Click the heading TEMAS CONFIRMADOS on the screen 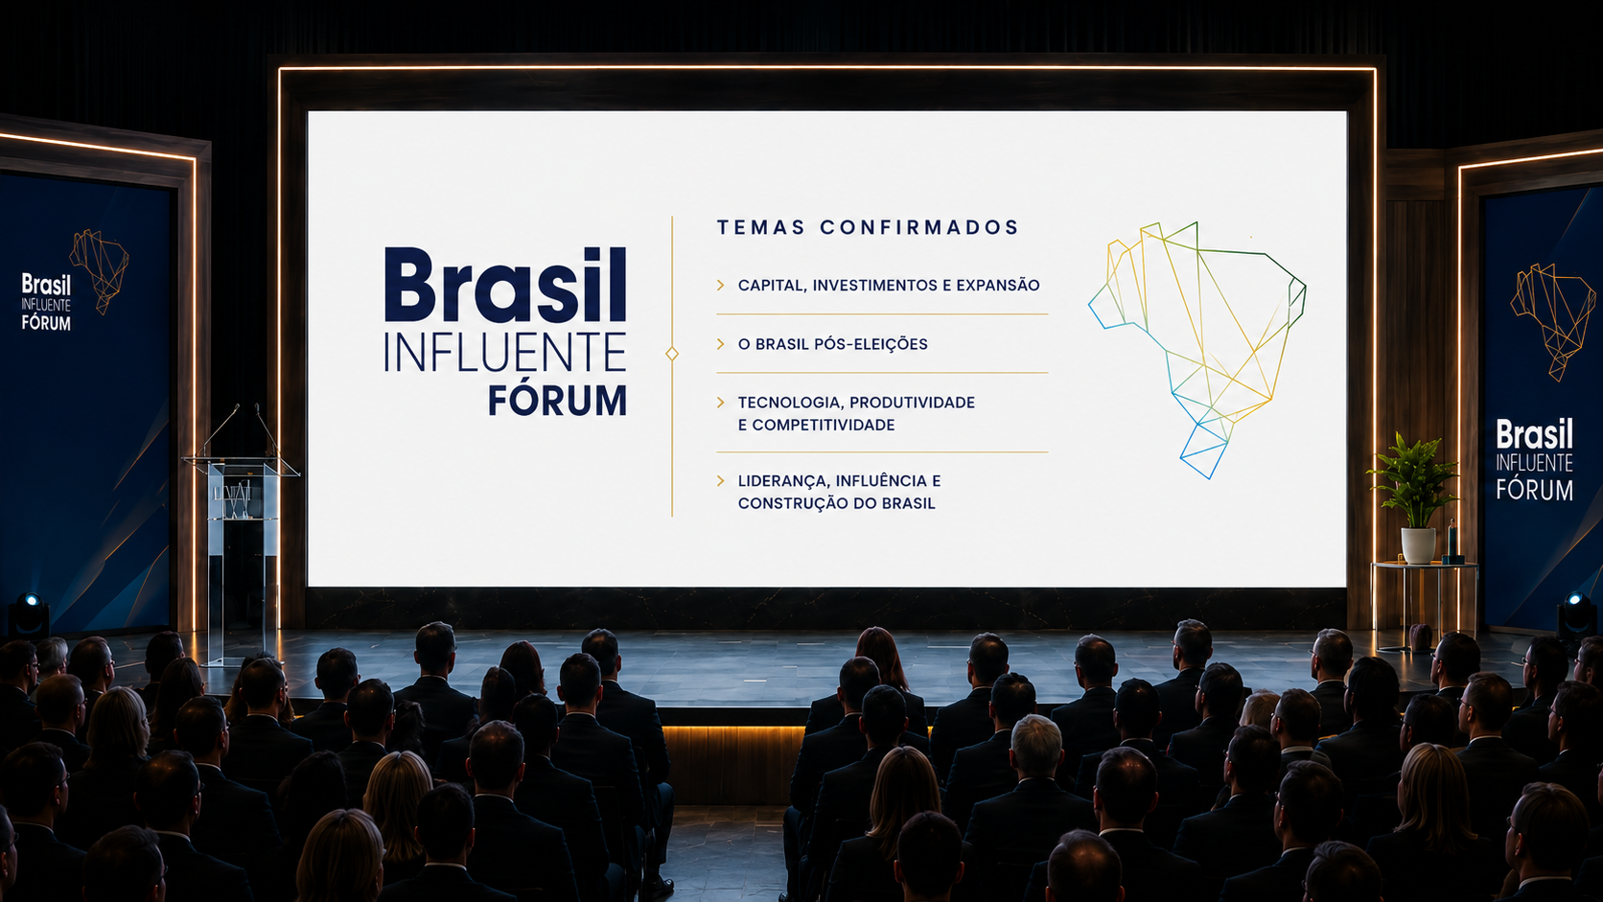pyautogui.click(x=868, y=227)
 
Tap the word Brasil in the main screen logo pyautogui.click(x=505, y=285)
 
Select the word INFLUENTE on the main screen pyautogui.click(x=505, y=352)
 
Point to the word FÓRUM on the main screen pyautogui.click(x=557, y=400)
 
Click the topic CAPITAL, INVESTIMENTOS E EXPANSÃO pyautogui.click(x=889, y=285)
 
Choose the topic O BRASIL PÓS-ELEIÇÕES pyautogui.click(x=833, y=344)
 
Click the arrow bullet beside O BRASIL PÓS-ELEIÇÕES pyautogui.click(x=721, y=344)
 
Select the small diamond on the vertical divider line pyautogui.click(x=672, y=354)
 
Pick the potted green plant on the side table pyautogui.click(x=1413, y=479)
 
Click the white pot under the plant pyautogui.click(x=1418, y=545)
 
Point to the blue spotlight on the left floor pyautogui.click(x=28, y=614)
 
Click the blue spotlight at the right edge pyautogui.click(x=1576, y=613)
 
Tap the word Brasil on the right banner pyautogui.click(x=1534, y=434)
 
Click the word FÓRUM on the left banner pyautogui.click(x=46, y=323)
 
